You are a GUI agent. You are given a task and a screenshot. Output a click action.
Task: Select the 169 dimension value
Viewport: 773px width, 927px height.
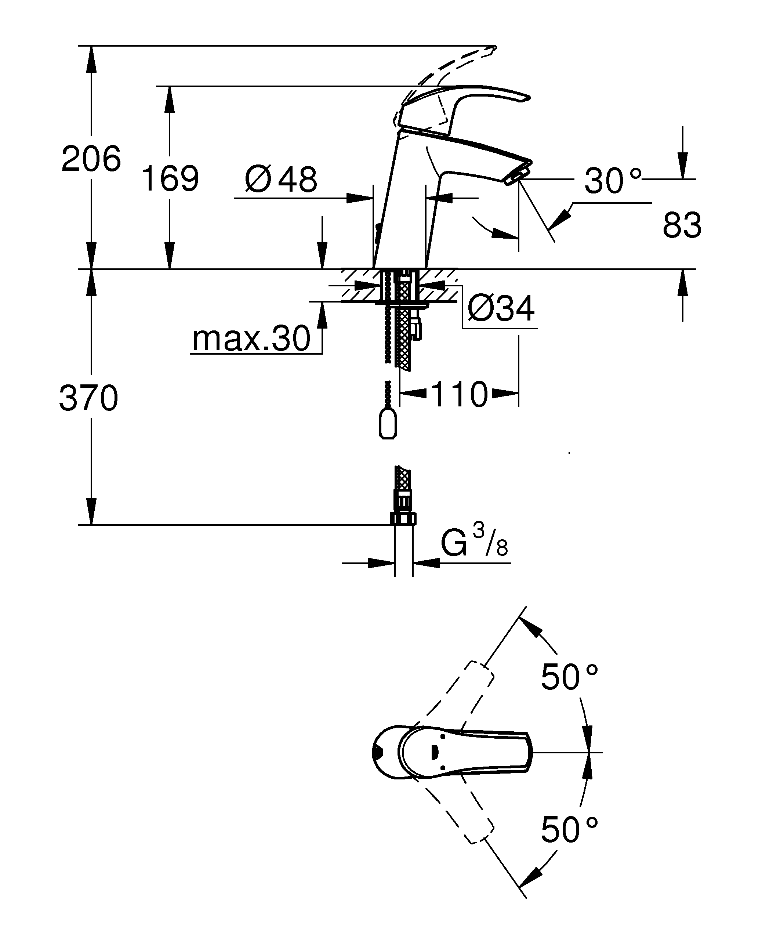170,178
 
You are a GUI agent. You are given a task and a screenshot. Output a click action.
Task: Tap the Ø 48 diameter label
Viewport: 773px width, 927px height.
281,179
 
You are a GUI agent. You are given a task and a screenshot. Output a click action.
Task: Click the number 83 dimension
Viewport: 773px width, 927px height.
682,225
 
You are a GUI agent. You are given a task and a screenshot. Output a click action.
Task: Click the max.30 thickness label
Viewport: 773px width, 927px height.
251,338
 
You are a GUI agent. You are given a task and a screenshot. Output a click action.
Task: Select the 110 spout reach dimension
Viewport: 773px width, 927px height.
459,394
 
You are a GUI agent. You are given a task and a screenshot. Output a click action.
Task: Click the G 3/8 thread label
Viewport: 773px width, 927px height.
474,541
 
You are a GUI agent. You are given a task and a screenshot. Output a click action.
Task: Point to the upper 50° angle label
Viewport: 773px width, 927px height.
569,677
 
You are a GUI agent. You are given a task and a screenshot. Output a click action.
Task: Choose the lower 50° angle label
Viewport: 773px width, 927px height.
569,830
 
